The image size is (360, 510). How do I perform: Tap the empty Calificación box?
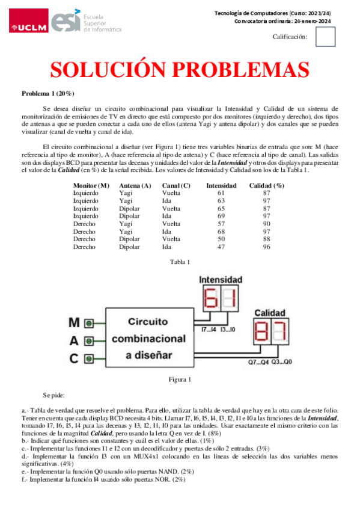[x=325, y=37]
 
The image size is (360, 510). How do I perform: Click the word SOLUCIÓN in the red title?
[x=110, y=71]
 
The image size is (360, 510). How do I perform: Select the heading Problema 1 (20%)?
[x=48, y=93]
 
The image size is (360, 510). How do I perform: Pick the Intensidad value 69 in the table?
[x=221, y=215]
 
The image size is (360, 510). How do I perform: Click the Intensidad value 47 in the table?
[x=221, y=247]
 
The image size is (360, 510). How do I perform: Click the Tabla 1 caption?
[x=180, y=262]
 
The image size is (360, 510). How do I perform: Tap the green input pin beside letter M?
[x=88, y=322]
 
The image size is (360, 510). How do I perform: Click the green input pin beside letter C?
[x=88, y=358]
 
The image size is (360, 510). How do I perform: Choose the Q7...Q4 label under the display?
[x=258, y=362]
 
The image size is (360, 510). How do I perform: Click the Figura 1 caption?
[x=180, y=379]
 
